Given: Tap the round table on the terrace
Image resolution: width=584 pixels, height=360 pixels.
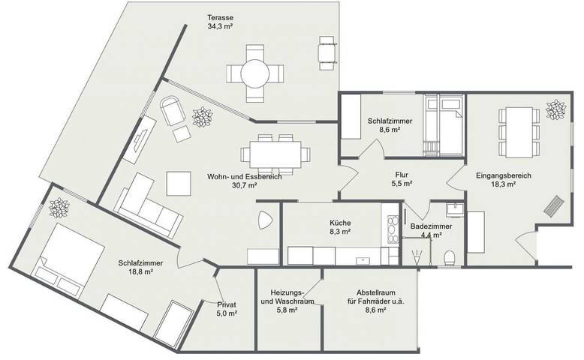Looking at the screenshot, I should pyautogui.click(x=255, y=73).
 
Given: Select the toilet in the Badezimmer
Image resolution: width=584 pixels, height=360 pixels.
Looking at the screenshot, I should pyautogui.click(x=450, y=257).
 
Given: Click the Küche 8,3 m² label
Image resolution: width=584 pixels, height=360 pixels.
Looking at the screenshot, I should pyautogui.click(x=340, y=227).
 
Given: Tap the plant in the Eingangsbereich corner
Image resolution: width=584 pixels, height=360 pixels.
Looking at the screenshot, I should pyautogui.click(x=555, y=109).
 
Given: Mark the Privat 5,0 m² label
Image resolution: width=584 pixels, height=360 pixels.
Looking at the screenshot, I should pyautogui.click(x=227, y=308).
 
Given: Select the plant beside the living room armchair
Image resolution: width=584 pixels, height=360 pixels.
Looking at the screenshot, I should pyautogui.click(x=202, y=117).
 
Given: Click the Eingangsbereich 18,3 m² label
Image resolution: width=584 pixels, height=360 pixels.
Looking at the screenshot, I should pyautogui.click(x=504, y=180).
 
